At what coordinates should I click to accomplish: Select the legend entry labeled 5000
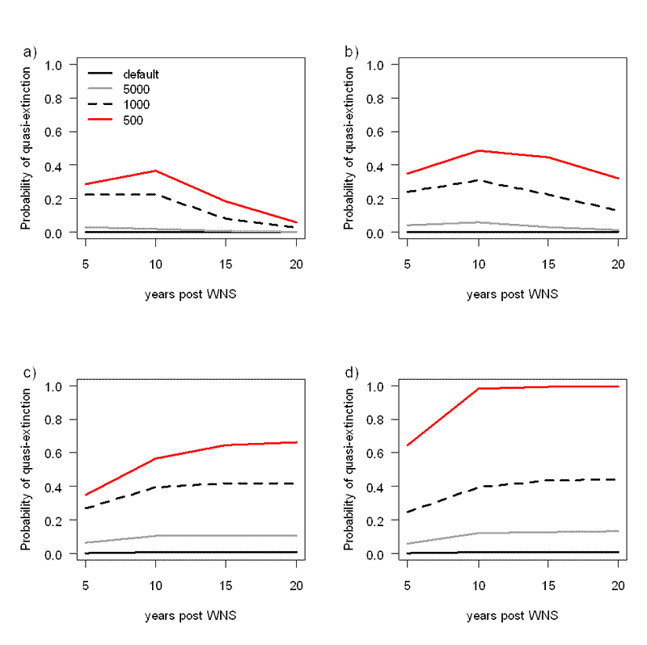pos(135,90)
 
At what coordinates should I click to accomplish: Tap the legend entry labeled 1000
pos(135,105)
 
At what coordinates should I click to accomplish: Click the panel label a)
pos(30,53)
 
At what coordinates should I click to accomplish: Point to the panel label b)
pos(352,53)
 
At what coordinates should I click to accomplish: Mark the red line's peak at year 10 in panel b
pos(478,150)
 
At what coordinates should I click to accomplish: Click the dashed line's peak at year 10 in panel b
pos(478,180)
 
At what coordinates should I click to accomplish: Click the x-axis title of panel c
pos(190,615)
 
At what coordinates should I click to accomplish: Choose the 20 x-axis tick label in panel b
pos(618,263)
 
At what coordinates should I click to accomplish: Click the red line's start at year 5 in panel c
pos(86,495)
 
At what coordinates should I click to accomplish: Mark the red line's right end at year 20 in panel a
pos(296,222)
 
